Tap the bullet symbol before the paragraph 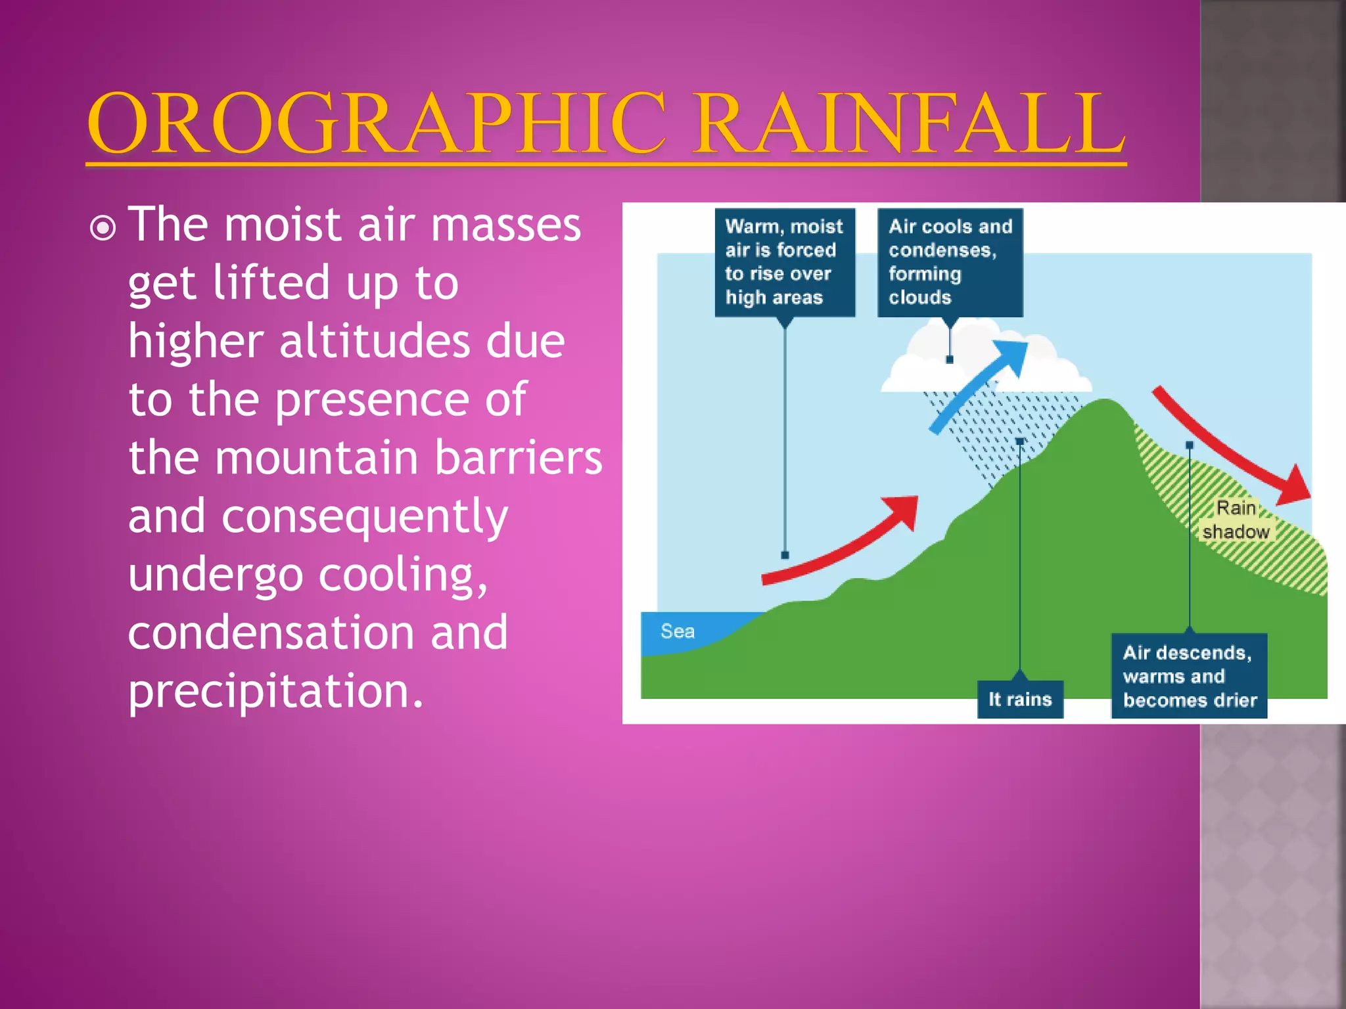103,228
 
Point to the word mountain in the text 318,457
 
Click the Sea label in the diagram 677,631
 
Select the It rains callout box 1019,699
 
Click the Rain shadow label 1236,520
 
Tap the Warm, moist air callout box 784,262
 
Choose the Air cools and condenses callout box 950,262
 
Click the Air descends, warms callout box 1189,676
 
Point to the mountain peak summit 1105,404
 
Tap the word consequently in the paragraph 364,517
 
